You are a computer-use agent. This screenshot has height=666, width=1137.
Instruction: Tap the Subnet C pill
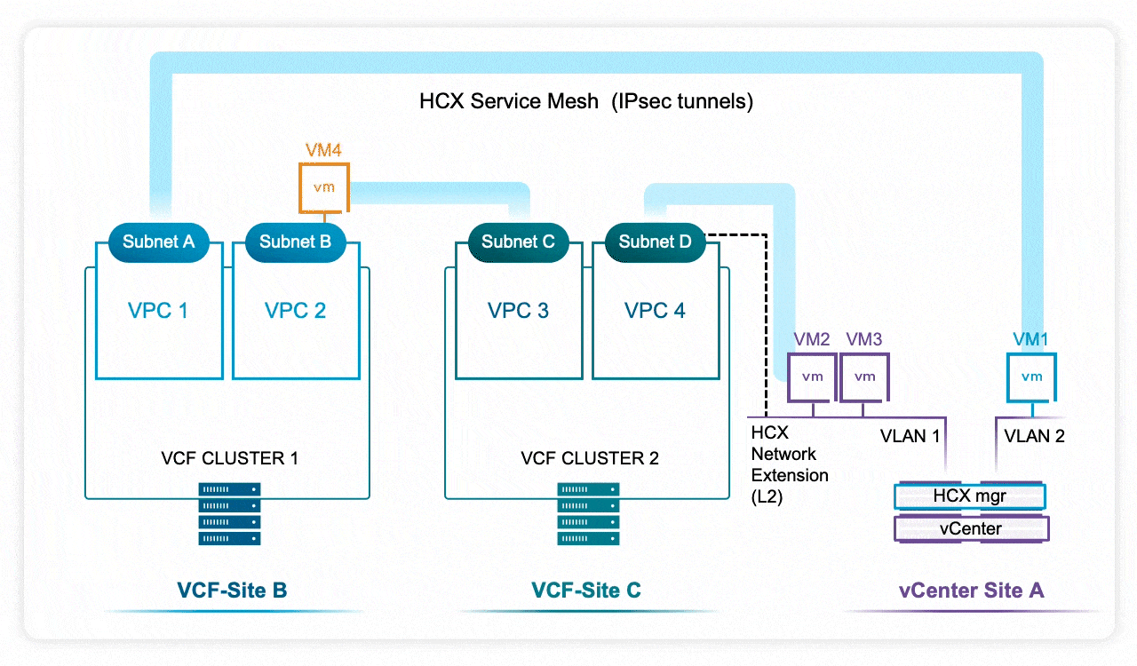(x=518, y=242)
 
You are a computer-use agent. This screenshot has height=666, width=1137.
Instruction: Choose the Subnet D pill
(x=655, y=242)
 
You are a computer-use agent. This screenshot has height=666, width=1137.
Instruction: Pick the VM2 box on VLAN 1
(x=812, y=377)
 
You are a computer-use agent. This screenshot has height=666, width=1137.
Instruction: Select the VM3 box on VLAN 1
(x=864, y=377)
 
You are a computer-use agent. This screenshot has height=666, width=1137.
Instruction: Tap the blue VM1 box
(x=1031, y=377)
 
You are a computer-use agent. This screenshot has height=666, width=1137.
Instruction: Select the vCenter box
(x=970, y=529)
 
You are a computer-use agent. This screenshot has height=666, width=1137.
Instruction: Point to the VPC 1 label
(x=158, y=311)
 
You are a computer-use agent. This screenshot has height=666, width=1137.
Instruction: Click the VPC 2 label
(x=295, y=311)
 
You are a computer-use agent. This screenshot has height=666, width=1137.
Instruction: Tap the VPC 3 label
(x=518, y=311)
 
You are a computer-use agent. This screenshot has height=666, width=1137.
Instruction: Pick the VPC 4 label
(x=655, y=311)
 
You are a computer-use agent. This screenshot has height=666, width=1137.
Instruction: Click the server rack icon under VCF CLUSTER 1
(x=230, y=514)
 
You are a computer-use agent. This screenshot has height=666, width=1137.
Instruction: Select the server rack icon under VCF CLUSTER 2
(x=589, y=514)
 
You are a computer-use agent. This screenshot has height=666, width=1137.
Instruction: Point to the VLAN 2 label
(x=1034, y=436)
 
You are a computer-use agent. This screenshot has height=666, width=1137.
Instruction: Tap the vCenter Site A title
(x=971, y=591)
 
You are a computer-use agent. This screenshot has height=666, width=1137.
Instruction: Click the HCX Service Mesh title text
(x=586, y=101)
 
